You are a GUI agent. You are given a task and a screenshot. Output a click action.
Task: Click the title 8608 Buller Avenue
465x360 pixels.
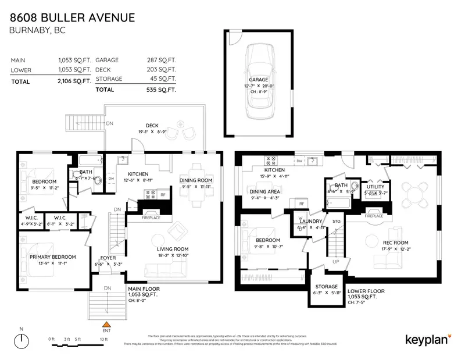pos(73,17)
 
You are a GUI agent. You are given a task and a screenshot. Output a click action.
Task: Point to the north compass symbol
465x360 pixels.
pos(22,340)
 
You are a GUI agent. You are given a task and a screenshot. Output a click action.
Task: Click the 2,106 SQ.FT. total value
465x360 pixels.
pos(74,81)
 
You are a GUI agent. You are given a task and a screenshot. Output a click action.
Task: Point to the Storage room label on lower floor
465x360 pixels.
pos(326,286)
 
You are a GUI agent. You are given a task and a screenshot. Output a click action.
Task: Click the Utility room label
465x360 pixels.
pos(375,187)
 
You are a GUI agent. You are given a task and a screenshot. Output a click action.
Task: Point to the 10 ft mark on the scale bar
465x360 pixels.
pos(103,338)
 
